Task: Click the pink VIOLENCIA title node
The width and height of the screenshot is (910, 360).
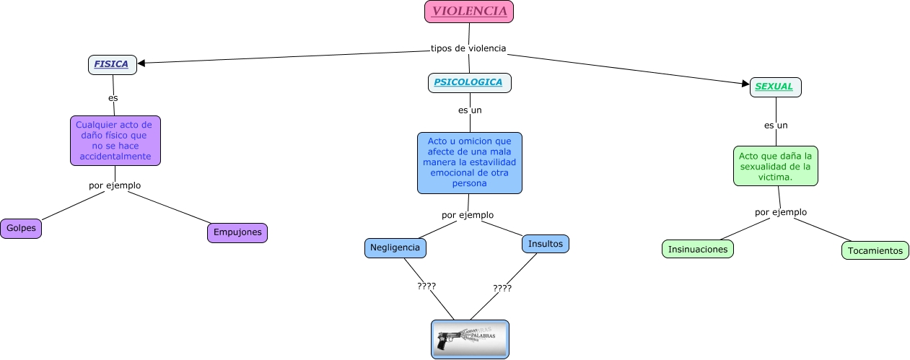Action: pos(469,12)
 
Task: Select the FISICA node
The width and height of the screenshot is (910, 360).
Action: pos(112,64)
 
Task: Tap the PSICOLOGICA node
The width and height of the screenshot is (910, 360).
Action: pos(469,82)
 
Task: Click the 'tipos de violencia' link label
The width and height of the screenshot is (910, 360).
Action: pos(468,48)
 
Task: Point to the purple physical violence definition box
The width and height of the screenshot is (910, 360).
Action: pos(115,140)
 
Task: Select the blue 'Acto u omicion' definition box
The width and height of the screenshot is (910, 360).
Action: pos(469,162)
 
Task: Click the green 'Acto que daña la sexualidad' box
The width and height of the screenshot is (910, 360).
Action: pos(776,166)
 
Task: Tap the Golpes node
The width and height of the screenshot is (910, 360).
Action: pos(21,228)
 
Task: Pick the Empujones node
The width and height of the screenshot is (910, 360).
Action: pos(237,232)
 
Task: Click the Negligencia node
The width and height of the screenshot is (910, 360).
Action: pos(395,247)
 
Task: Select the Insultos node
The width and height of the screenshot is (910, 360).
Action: pos(546,244)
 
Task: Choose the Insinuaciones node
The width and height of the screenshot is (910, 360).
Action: pos(698,249)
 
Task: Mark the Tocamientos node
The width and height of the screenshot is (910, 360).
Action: pos(875,250)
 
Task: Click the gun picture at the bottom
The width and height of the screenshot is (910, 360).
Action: pos(470,339)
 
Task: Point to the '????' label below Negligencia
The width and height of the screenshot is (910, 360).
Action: pos(426,286)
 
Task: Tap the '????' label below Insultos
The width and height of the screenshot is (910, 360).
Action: pos(502,288)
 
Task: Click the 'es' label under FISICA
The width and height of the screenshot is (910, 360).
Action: pos(113,97)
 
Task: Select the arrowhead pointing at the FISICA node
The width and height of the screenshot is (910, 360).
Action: pos(141,63)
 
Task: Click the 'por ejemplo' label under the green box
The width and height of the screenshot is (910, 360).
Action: pos(781,212)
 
